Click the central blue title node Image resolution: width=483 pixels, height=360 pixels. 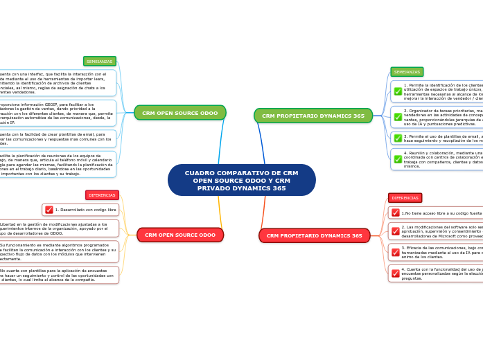(x=241, y=180)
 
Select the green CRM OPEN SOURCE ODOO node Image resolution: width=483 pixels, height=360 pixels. (x=179, y=113)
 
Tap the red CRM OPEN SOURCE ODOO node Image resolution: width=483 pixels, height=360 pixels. (x=179, y=235)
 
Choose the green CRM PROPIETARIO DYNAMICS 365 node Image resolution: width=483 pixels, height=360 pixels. (x=313, y=116)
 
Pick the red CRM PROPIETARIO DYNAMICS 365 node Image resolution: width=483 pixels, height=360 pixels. (x=314, y=235)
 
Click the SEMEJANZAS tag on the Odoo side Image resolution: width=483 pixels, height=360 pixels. (x=100, y=61)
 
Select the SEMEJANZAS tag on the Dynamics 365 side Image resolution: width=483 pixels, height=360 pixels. (x=407, y=72)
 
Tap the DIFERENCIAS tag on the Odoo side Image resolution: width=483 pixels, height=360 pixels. (x=102, y=195)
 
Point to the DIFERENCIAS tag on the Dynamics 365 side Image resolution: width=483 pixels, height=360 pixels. (x=405, y=198)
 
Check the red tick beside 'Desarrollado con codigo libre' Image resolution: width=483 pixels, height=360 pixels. (x=49, y=209)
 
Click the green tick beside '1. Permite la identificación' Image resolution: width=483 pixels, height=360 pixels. (x=398, y=91)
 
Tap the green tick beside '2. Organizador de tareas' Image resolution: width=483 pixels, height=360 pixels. (x=398, y=117)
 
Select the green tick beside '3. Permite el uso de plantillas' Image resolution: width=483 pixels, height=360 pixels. (x=398, y=138)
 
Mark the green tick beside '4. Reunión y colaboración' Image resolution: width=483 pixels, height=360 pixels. (x=398, y=159)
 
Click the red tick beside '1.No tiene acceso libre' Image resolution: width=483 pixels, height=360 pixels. (x=395, y=213)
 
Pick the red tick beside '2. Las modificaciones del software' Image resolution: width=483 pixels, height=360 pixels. (x=396, y=231)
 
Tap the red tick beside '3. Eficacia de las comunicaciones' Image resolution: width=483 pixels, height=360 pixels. (x=396, y=252)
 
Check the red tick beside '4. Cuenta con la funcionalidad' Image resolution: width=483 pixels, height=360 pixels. (x=396, y=273)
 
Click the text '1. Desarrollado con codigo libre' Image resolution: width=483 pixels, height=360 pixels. (x=85, y=209)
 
